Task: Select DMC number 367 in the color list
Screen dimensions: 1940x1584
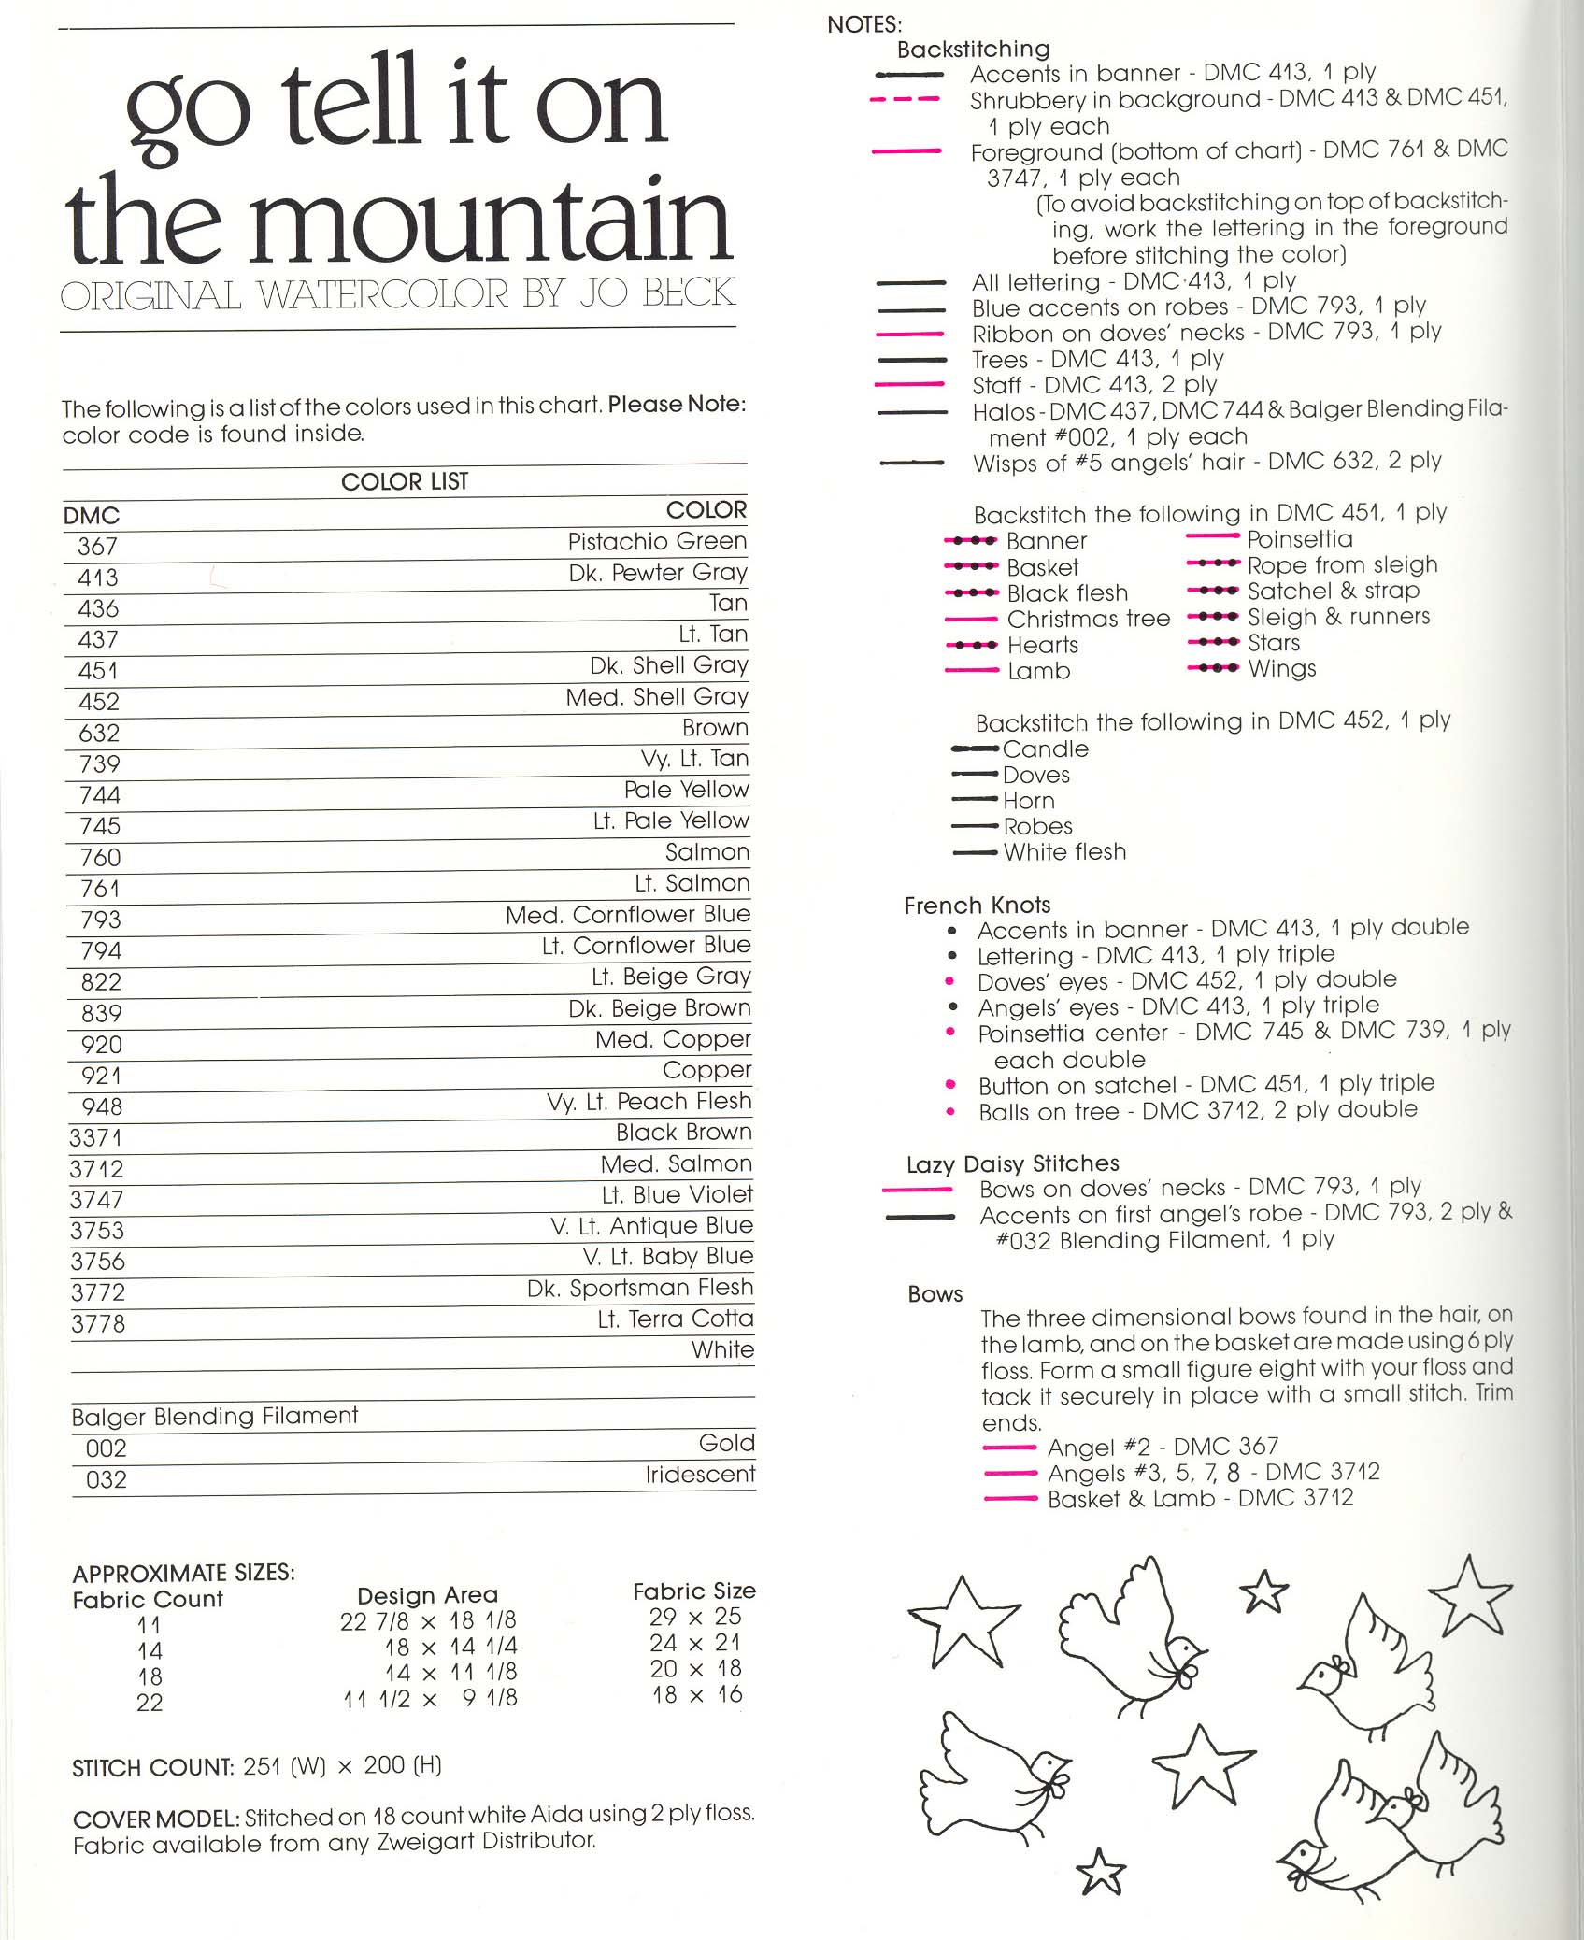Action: coord(97,547)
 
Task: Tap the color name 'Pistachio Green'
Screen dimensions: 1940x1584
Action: coord(657,542)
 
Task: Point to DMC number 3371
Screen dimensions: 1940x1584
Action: coord(95,1138)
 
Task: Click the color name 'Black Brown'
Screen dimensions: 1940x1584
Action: coord(683,1133)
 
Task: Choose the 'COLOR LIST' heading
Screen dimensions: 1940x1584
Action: coord(404,481)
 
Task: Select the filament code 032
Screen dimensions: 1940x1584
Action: coord(106,1480)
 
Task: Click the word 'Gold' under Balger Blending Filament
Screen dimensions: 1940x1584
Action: coord(726,1444)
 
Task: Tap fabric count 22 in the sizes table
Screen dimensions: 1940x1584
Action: coord(150,1704)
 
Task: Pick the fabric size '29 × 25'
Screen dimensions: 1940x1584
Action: coord(694,1617)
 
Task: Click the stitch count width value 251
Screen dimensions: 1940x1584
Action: coord(261,1766)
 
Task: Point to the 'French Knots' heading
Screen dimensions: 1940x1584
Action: coord(977,906)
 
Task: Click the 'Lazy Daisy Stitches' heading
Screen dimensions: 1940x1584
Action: coord(1012,1164)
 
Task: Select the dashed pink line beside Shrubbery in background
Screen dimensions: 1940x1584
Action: coord(904,99)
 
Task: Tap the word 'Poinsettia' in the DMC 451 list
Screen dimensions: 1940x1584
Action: coord(1299,539)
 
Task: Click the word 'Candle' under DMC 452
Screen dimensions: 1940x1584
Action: coord(1045,749)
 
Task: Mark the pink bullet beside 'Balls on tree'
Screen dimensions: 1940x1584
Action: coord(950,1112)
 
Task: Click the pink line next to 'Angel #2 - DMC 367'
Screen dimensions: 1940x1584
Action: coord(1009,1448)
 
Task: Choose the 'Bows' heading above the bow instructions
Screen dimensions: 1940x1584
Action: coord(935,1294)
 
